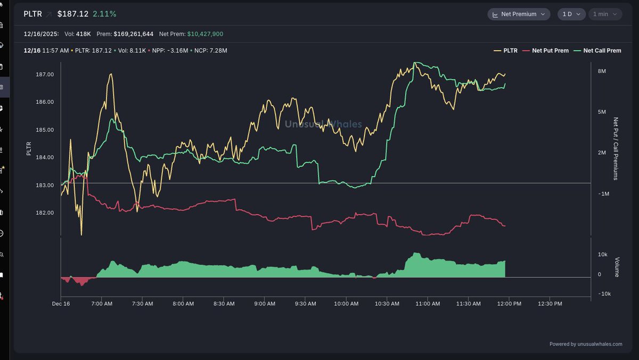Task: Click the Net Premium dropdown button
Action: pyautogui.click(x=519, y=14)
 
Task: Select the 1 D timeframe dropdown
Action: pyautogui.click(x=571, y=14)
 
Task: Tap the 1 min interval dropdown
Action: pyautogui.click(x=605, y=14)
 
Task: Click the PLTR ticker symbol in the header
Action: pyautogui.click(x=32, y=14)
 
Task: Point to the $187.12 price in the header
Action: pyautogui.click(x=72, y=14)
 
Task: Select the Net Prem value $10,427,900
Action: pyautogui.click(x=205, y=34)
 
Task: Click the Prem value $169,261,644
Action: pyautogui.click(x=133, y=34)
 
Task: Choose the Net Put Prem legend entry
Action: pyautogui.click(x=546, y=51)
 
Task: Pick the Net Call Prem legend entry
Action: pyautogui.click(x=598, y=51)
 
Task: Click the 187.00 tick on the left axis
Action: pyautogui.click(x=44, y=75)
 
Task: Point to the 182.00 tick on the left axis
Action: pyautogui.click(x=44, y=213)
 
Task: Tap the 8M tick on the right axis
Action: pyautogui.click(x=602, y=71)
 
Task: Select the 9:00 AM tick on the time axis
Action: pyautogui.click(x=264, y=304)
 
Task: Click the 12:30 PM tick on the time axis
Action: pyautogui.click(x=550, y=304)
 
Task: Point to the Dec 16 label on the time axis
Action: pyautogui.click(x=61, y=304)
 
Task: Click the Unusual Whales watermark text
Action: pyautogui.click(x=323, y=124)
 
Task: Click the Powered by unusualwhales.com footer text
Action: pyautogui.click(x=586, y=344)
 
